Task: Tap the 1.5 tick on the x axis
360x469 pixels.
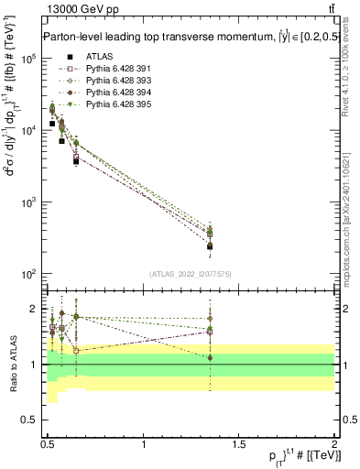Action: [x=239, y=444]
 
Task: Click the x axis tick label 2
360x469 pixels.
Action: [x=333, y=444]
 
